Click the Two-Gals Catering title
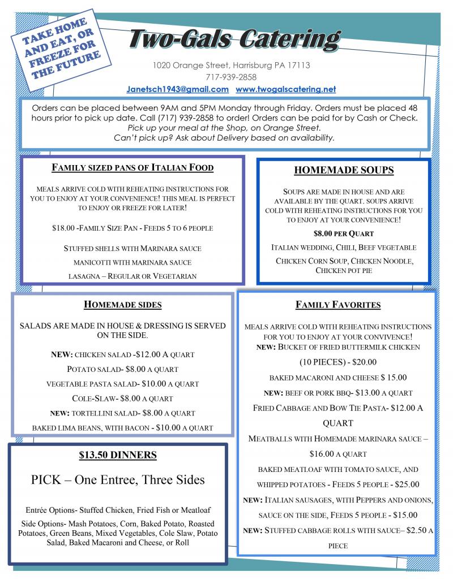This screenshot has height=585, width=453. (x=234, y=40)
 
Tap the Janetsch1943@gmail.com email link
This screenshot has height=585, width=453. (x=178, y=89)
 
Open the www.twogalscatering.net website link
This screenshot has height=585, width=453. (x=285, y=89)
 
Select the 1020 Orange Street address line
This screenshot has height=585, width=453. (x=231, y=65)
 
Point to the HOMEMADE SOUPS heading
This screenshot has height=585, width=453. (x=344, y=170)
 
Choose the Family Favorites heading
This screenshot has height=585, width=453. (x=337, y=305)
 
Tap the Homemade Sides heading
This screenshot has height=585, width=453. (x=122, y=305)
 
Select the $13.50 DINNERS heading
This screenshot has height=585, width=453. (x=118, y=455)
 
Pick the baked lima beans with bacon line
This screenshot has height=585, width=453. (x=122, y=428)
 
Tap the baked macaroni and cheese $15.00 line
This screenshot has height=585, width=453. (x=337, y=377)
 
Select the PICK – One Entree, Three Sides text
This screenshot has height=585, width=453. (x=118, y=480)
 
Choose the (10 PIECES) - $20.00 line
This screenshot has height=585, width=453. (x=337, y=362)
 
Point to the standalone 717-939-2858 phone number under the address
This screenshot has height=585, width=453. (x=231, y=77)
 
